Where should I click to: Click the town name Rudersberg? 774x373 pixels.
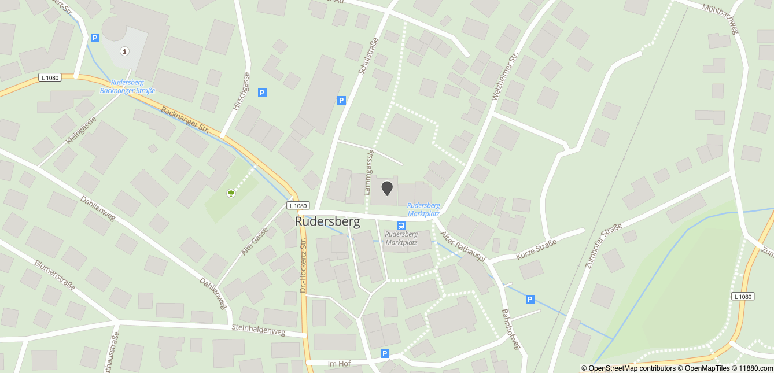[327, 221]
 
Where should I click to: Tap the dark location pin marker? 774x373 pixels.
[387, 188]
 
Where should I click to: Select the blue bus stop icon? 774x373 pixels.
[401, 226]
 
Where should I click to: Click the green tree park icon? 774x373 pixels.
[231, 193]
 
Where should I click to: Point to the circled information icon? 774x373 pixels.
[124, 51]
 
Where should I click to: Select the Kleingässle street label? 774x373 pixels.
[80, 130]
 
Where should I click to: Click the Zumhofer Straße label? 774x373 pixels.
[603, 246]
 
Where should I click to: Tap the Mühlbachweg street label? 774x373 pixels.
[721, 19]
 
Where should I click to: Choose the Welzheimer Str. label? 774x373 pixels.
[505, 77]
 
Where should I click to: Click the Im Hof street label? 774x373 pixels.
[339, 363]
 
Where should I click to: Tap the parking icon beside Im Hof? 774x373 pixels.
[385, 353]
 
